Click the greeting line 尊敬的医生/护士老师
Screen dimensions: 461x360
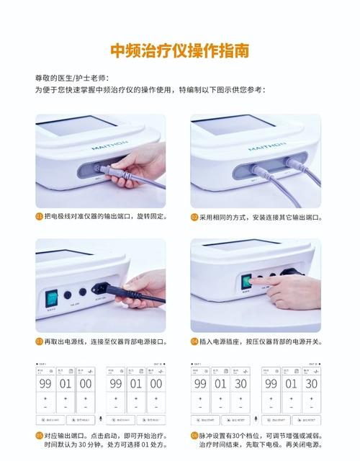[72, 77]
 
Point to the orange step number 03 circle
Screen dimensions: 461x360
[39, 341]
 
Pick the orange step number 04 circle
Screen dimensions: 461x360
[194, 341]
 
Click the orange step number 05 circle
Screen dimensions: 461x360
[39, 436]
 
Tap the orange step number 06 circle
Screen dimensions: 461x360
[194, 436]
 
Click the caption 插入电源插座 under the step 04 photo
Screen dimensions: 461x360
[223, 341]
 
